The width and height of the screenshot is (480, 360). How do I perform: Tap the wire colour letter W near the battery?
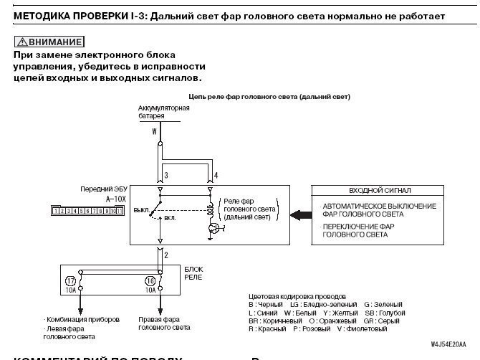(x=154, y=132)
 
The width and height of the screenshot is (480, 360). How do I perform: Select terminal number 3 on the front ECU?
(x=165, y=175)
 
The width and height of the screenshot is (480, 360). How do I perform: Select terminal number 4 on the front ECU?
(x=216, y=175)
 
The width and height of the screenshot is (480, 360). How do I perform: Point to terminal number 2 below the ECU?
(x=165, y=254)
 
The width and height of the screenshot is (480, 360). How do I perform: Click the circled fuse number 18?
(x=150, y=281)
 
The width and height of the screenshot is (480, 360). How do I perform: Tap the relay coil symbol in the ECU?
(x=211, y=209)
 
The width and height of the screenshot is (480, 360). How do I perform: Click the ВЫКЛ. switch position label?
(x=140, y=210)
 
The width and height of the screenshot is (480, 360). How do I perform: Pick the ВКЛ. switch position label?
(x=171, y=217)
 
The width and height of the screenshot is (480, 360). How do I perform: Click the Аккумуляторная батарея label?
(x=163, y=111)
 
